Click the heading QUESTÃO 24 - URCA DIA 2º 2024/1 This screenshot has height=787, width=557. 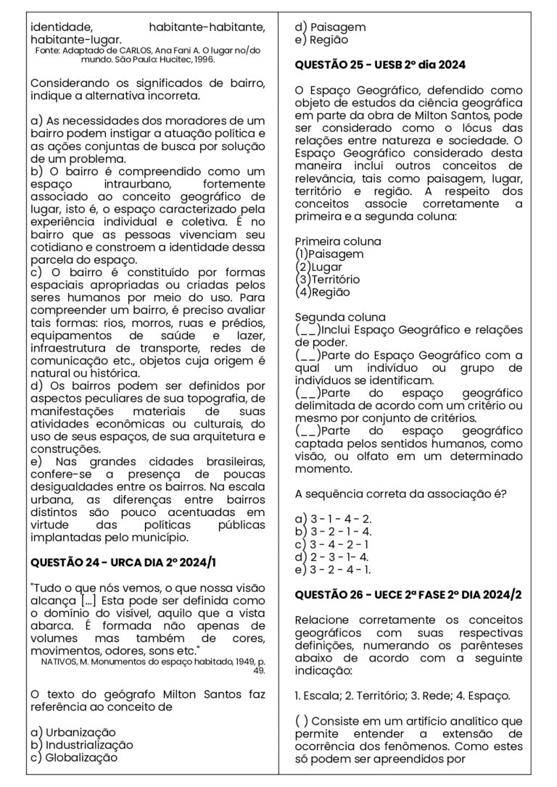pyautogui.click(x=123, y=562)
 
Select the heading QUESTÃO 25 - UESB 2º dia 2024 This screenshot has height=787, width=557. pyautogui.click(x=380, y=65)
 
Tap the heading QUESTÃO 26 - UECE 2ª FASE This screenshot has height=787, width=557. pyautogui.click(x=409, y=595)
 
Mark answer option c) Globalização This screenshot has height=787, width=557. pyautogui.click(x=74, y=758)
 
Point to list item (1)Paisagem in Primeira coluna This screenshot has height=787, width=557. pyautogui.click(x=330, y=254)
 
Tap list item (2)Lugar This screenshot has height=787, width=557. pyautogui.click(x=319, y=267)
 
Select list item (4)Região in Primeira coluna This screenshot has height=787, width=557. pyautogui.click(x=323, y=292)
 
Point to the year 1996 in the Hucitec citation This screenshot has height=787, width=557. pyautogui.click(x=200, y=60)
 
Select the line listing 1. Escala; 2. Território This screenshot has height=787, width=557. pyautogui.click(x=403, y=696)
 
